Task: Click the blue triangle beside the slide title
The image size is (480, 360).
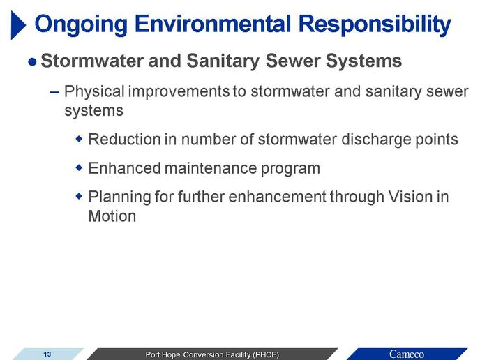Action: tap(17, 25)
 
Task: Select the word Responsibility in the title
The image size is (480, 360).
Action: tap(375, 25)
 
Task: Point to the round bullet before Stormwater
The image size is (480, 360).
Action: tap(32, 62)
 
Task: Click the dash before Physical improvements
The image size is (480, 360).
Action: tap(54, 92)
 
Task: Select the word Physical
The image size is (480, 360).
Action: tap(94, 91)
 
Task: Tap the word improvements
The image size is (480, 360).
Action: tap(179, 92)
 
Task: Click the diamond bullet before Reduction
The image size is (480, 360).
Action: tap(79, 139)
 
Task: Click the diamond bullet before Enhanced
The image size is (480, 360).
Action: tap(79, 167)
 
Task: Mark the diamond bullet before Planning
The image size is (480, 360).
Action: tap(79, 196)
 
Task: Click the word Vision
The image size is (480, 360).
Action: tap(410, 197)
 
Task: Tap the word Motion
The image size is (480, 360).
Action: tap(112, 216)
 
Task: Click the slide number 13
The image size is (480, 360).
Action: tap(47, 354)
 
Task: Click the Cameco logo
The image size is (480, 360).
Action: tap(407, 354)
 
